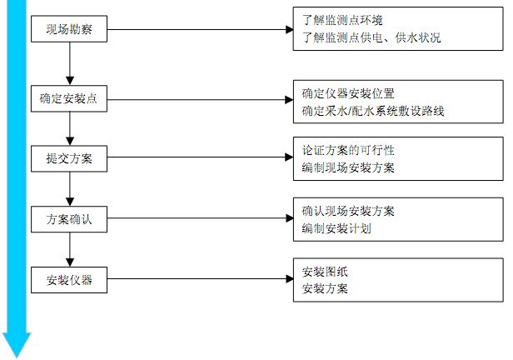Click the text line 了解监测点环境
342,18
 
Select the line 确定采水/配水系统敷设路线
373,110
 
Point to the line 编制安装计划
336,227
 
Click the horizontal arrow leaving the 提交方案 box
200,157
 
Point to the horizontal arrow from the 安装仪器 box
200,280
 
